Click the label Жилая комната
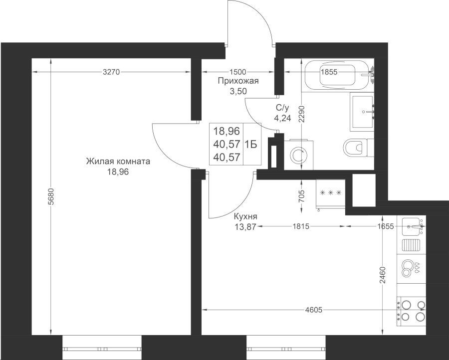118,162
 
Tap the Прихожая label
238,81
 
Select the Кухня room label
245,217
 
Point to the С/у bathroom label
282,108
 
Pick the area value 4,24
282,118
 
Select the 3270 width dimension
111,72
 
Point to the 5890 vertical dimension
51,197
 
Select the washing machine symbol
296,155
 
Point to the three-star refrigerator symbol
330,193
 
